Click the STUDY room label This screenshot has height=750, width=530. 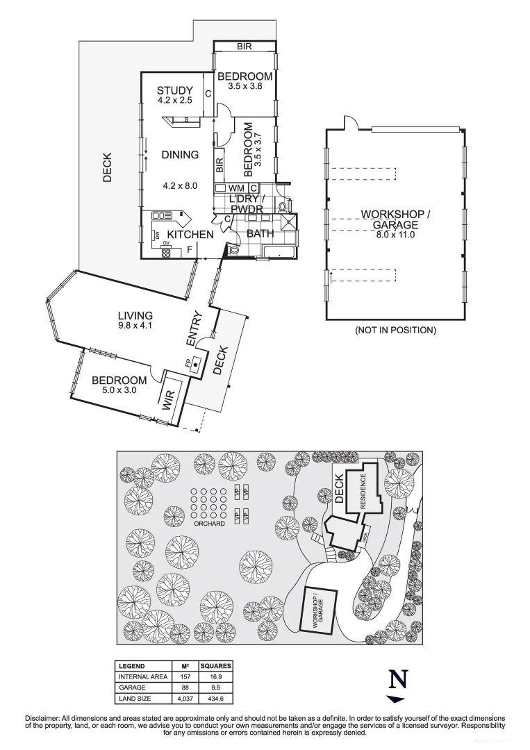[174, 90]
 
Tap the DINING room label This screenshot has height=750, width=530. [180, 155]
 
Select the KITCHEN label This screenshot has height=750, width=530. [191, 235]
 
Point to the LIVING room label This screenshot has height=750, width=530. [135, 316]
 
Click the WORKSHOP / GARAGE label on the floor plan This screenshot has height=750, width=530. [395, 219]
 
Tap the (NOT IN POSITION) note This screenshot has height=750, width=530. [395, 330]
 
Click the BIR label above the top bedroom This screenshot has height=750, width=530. [244, 47]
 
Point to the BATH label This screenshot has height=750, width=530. [260, 233]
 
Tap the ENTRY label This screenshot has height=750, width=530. [194, 329]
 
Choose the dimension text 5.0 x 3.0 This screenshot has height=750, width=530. [119, 391]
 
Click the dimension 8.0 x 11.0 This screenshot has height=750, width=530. [395, 235]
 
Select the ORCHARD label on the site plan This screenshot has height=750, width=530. [209, 523]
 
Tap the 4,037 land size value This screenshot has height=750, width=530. [185, 698]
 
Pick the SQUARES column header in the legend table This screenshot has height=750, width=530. [215, 665]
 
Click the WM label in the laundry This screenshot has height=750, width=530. [235, 188]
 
